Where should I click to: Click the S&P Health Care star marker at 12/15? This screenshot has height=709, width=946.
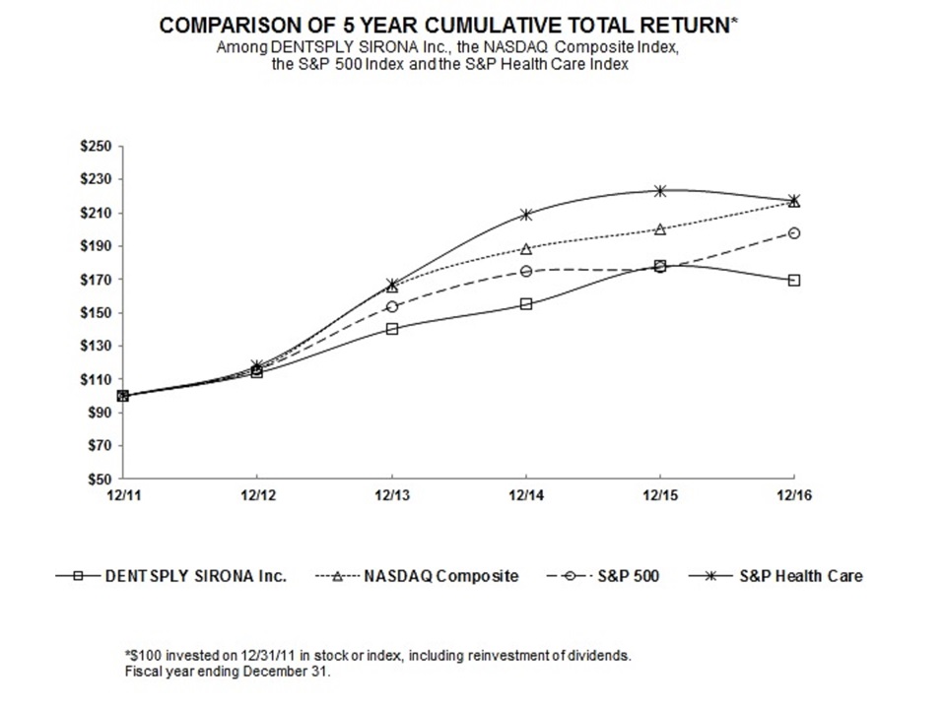coord(660,191)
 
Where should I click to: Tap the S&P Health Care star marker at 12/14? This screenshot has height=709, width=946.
coord(526,214)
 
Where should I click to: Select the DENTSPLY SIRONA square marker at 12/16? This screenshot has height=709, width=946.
coord(794,280)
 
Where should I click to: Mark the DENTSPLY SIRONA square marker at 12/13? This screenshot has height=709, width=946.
coord(392,329)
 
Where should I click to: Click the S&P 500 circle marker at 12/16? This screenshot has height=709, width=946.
coord(794,233)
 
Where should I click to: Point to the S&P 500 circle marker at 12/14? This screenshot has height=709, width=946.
coord(526,271)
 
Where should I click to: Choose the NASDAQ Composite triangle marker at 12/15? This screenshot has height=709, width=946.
coord(660,228)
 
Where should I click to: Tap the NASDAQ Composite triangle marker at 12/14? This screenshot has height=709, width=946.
coord(526,248)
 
